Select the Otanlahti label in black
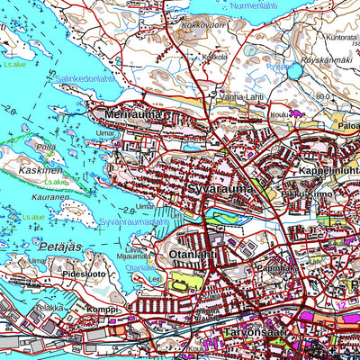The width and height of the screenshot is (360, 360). click(190, 256)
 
